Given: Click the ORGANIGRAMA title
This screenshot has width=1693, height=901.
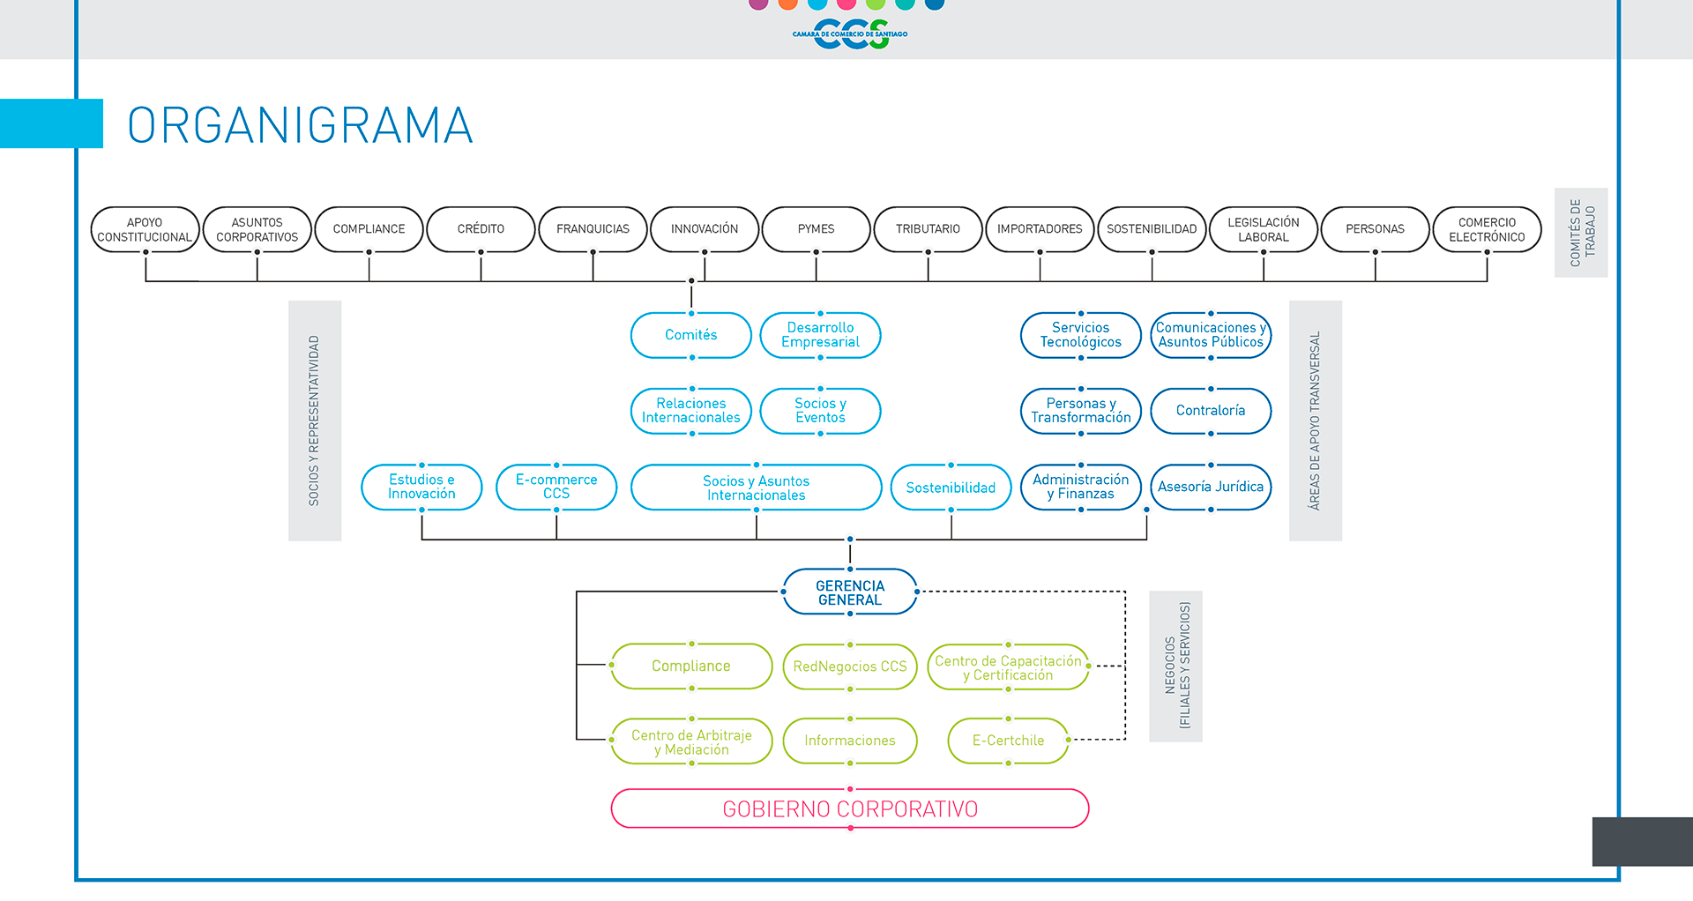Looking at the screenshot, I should click(x=300, y=125).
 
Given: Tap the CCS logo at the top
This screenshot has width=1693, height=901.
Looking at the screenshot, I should click(x=850, y=34).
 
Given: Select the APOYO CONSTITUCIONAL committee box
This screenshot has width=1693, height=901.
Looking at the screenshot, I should click(x=145, y=229).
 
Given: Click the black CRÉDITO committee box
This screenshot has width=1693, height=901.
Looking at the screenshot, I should click(x=481, y=229).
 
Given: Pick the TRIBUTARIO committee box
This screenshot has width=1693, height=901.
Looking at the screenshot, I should click(x=928, y=229).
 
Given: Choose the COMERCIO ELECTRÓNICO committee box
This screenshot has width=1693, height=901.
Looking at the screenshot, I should click(x=1487, y=229).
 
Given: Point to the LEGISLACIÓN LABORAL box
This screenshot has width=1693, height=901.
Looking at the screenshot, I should click(x=1263, y=229).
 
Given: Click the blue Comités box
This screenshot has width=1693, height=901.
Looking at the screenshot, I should click(x=691, y=335).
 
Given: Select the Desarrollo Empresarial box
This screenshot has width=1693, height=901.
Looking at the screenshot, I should click(x=820, y=335).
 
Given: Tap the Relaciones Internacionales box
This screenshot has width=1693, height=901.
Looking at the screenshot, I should click(x=691, y=411).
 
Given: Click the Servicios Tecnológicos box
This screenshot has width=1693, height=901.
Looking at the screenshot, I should click(x=1080, y=335).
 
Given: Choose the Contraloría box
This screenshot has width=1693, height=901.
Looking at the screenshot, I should click(x=1211, y=411).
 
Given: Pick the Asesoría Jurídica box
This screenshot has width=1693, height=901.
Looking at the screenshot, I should click(x=1211, y=487).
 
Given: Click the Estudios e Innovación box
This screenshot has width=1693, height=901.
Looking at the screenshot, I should click(x=421, y=487).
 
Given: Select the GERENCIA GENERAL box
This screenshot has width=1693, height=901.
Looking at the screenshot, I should click(x=850, y=592).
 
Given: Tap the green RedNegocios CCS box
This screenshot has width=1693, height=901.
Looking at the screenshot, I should click(x=850, y=666).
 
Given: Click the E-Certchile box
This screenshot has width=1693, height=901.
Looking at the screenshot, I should click(x=1008, y=741).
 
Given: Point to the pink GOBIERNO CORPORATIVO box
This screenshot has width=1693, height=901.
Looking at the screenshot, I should click(x=850, y=808).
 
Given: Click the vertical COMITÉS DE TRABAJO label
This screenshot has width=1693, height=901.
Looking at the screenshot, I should click(x=1581, y=233).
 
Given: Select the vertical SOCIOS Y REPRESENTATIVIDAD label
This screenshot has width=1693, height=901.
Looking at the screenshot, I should click(x=314, y=421).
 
